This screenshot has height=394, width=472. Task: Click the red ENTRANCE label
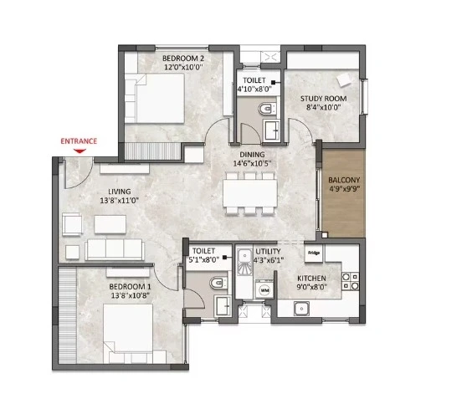79,141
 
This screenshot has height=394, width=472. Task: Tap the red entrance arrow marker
80,151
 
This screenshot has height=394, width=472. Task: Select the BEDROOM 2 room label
181,58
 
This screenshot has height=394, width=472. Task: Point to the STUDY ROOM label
323,99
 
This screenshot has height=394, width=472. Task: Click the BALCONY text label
344,180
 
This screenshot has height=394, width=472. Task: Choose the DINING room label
252,155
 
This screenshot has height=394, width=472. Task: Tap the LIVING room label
120,192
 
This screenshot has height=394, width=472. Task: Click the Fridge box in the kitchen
314,253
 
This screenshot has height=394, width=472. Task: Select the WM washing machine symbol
264,290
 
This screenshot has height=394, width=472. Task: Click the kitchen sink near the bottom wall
301,309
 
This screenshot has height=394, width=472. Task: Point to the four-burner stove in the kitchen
351,281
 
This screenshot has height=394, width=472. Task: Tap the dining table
250,193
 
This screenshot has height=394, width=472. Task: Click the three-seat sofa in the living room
115,249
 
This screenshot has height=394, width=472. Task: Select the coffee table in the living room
110,224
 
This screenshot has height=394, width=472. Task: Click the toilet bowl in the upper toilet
266,109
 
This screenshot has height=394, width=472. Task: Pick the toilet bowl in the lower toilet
218,283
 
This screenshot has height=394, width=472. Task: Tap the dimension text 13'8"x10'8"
131,296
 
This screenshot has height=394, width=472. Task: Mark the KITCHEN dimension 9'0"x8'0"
312,287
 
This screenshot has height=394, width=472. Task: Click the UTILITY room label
268,251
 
